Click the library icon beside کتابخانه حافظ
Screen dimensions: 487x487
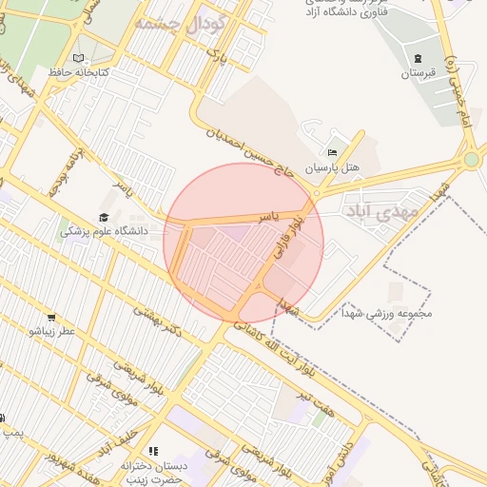coord(78,59)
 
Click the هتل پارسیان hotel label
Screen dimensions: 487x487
coord(333,166)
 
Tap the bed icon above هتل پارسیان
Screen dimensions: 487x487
coord(332,151)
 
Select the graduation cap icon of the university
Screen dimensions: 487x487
coord(103,218)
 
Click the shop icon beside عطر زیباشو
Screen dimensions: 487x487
coord(50,318)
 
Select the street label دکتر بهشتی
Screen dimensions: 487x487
coord(157,320)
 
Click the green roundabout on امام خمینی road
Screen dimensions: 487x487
coord(472,159)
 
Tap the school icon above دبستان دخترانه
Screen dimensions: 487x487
coord(153,451)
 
